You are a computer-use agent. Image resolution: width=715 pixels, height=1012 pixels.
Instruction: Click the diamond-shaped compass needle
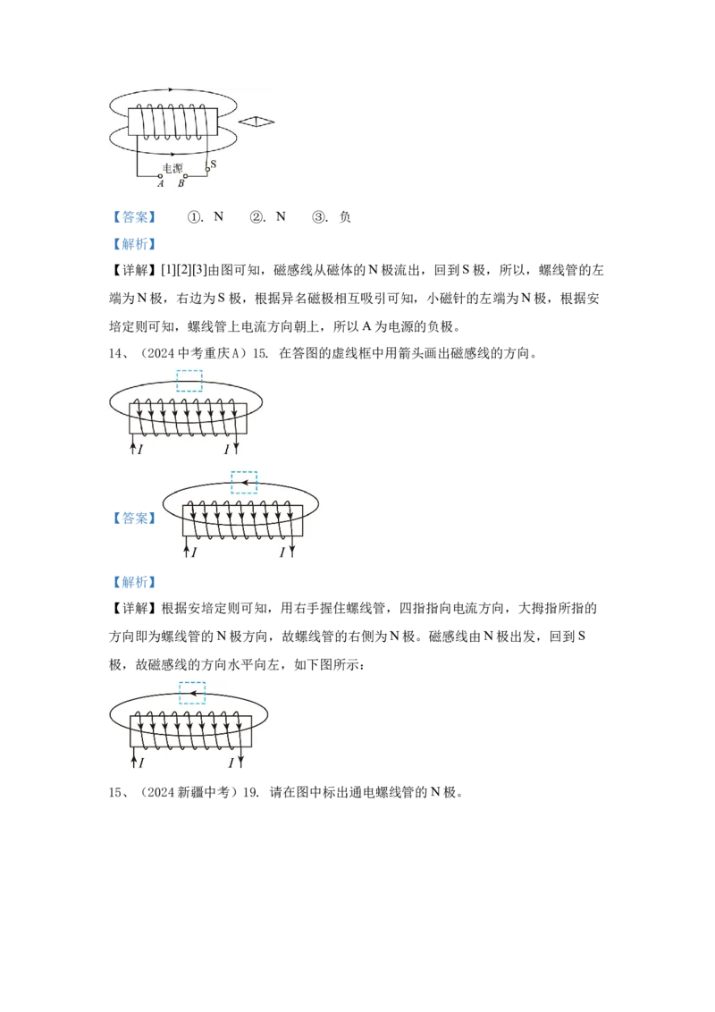tap(257, 122)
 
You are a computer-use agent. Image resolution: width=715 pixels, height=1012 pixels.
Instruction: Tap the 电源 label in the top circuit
tap(172, 168)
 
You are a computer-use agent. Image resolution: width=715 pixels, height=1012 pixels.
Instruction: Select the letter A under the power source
tap(161, 183)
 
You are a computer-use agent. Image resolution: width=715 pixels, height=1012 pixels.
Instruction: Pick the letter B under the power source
tap(181, 183)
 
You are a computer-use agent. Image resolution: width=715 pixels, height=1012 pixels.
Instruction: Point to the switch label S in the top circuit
tap(213, 164)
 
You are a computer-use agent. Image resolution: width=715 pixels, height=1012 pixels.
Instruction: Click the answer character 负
tap(345, 217)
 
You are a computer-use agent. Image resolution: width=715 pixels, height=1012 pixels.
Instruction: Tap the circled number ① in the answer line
tap(194, 217)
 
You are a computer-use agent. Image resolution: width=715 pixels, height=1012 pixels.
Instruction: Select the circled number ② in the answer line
tap(257, 217)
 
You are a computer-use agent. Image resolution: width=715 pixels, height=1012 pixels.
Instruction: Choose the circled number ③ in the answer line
tap(319, 217)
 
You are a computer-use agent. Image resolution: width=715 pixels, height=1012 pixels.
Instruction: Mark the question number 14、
tap(115, 353)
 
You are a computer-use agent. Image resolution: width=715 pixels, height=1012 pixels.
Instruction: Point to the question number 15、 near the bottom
tap(115, 792)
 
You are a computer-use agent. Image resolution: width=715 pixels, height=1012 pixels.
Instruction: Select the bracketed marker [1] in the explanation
tap(168, 270)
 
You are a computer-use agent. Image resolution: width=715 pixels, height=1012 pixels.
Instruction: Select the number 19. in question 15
tap(251, 792)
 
